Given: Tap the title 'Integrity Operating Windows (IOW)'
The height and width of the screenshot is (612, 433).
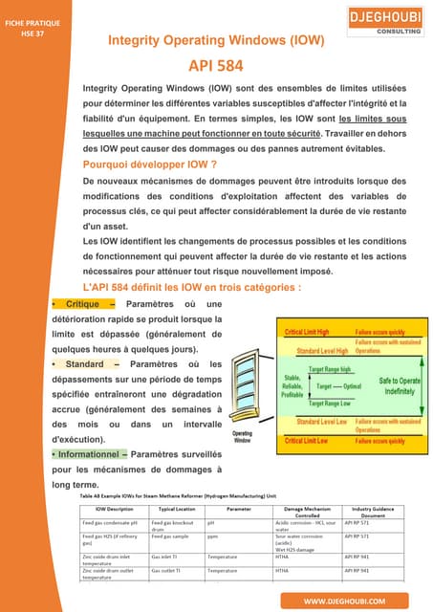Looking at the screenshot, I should coord(216,41).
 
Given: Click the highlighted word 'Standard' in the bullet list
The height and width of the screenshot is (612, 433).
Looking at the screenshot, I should coord(83,363).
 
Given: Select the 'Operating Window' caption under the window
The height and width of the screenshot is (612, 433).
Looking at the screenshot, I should coord(243,437).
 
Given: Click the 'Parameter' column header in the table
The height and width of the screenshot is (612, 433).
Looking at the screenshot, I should coord(238,511).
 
